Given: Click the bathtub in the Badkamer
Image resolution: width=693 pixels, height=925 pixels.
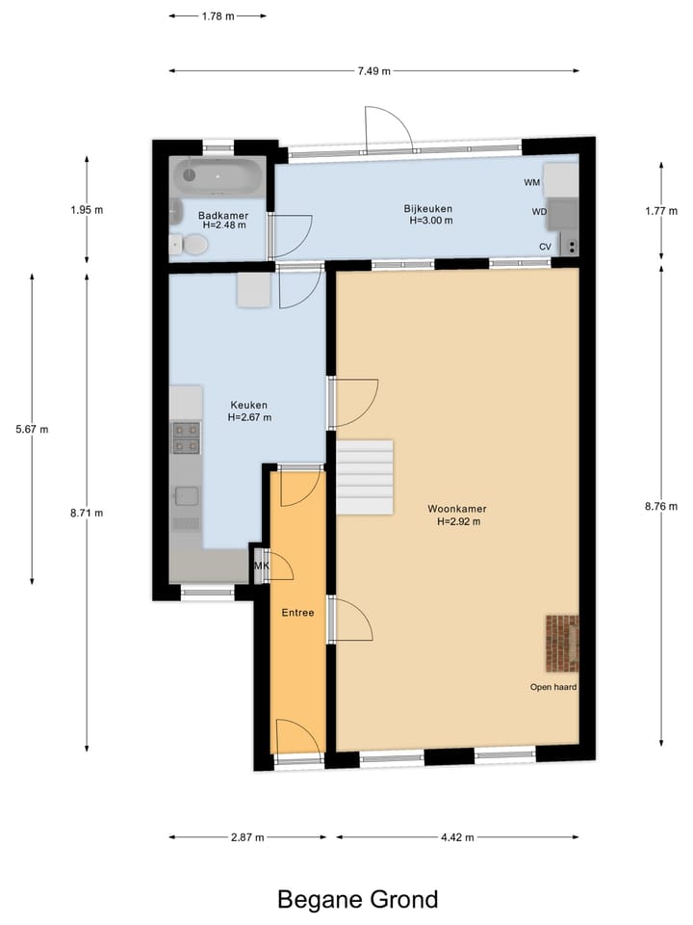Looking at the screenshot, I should pos(218,176).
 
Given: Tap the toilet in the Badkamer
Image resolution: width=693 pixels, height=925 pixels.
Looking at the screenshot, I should pos(193,245).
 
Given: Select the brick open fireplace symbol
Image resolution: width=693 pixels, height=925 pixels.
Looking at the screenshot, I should pos(562,643).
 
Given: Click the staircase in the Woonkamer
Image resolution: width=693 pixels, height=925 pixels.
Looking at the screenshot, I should pos(365,478).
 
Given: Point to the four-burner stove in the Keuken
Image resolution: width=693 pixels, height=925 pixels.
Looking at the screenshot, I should pos(186,436).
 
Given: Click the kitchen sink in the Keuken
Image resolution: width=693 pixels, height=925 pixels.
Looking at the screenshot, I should pos(187,497).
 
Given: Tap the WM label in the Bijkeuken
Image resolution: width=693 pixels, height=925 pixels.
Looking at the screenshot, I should pos(531,182).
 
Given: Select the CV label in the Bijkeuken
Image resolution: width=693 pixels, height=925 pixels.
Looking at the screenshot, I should pos(545,247).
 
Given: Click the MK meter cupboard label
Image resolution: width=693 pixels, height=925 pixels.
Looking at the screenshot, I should pos(261,567).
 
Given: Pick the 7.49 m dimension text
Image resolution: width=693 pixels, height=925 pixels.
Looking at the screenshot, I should pos(375,70).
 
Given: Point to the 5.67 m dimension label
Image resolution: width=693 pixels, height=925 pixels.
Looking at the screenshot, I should pos(31,430).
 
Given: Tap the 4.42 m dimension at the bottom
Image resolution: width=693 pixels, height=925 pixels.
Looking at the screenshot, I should pos(457,837).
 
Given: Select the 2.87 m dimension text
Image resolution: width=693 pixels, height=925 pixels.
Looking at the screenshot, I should pos(248,837).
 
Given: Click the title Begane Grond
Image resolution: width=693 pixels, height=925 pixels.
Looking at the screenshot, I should pos(357,899).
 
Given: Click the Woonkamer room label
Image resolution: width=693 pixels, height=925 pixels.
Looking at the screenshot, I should pos(457,509).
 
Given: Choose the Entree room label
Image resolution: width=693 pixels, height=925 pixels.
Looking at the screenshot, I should pos(297,612).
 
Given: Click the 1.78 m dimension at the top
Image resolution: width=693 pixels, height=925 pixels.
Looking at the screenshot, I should pos(218,15).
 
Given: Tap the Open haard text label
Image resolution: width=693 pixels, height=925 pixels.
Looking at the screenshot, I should pos(553,687).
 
